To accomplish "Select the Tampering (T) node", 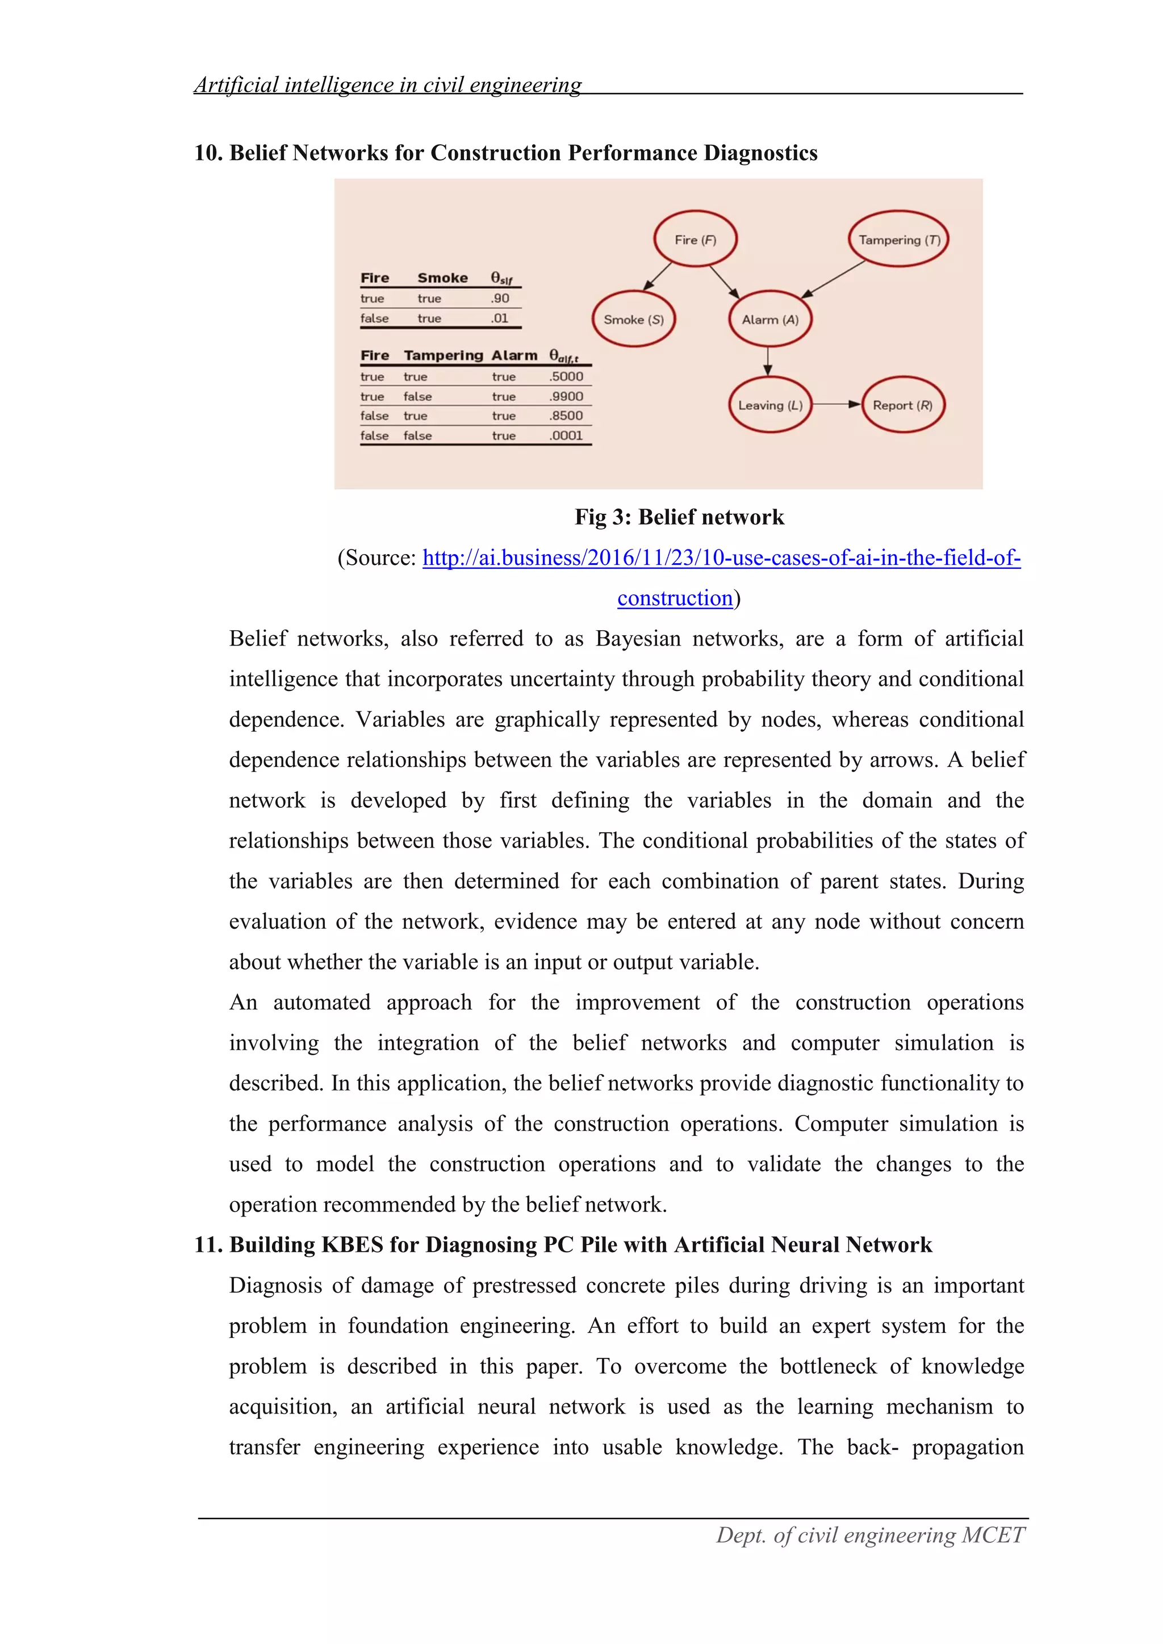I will tap(899, 239).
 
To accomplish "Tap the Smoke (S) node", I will tap(633, 320).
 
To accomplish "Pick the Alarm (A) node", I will tap(770, 320).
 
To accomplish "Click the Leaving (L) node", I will tap(770, 405).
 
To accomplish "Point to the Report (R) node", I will tap(902, 405).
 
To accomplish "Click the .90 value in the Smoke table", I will tap(500, 299).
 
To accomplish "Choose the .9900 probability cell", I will tap(566, 396).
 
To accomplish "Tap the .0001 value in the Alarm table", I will tap(566, 435).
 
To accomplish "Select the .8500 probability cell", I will tap(566, 416).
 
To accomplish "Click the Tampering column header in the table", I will tap(444, 355).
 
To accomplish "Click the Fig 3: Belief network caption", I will tap(679, 517).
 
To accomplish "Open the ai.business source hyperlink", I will tap(721, 558).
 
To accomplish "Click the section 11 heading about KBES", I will tap(563, 1244).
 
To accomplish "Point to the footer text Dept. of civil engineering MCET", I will tap(870, 1535).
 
